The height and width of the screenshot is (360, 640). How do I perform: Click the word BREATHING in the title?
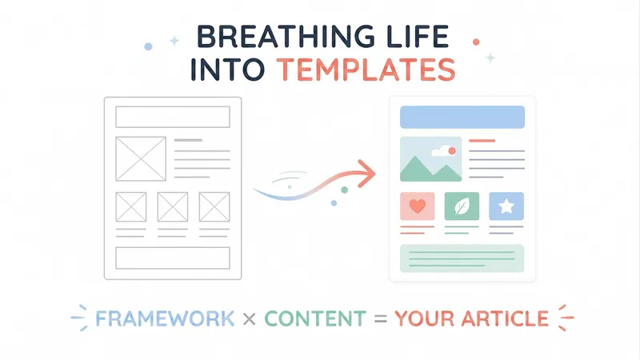pos(286,37)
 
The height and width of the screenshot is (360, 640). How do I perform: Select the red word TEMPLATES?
pos(366,70)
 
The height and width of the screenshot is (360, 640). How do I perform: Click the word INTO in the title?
pos(228,70)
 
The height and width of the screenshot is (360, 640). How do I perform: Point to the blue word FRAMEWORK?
pos(165,318)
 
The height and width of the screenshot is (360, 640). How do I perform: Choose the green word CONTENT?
pos(315,318)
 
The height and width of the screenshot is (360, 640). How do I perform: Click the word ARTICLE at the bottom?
pos(505,318)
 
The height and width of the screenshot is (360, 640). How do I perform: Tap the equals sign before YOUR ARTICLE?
pos(381,319)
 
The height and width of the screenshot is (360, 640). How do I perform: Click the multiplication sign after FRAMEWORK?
pos(250,319)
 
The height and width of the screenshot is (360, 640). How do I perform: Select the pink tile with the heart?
pos(417,206)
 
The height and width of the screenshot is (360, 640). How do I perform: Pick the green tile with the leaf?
pos(462,206)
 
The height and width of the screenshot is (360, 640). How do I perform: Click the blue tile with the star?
pos(506,206)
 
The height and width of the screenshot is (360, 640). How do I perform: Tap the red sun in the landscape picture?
pos(452,151)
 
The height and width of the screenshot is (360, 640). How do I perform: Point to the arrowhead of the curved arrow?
pos(367,174)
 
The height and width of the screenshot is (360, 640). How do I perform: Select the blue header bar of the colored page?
pos(462,117)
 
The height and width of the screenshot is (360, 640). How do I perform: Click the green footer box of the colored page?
pos(462,258)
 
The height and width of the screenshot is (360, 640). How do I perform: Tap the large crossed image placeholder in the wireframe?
pos(141,158)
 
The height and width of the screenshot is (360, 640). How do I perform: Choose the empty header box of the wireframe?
pos(173,117)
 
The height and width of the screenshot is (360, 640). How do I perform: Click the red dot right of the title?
pos(476,42)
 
